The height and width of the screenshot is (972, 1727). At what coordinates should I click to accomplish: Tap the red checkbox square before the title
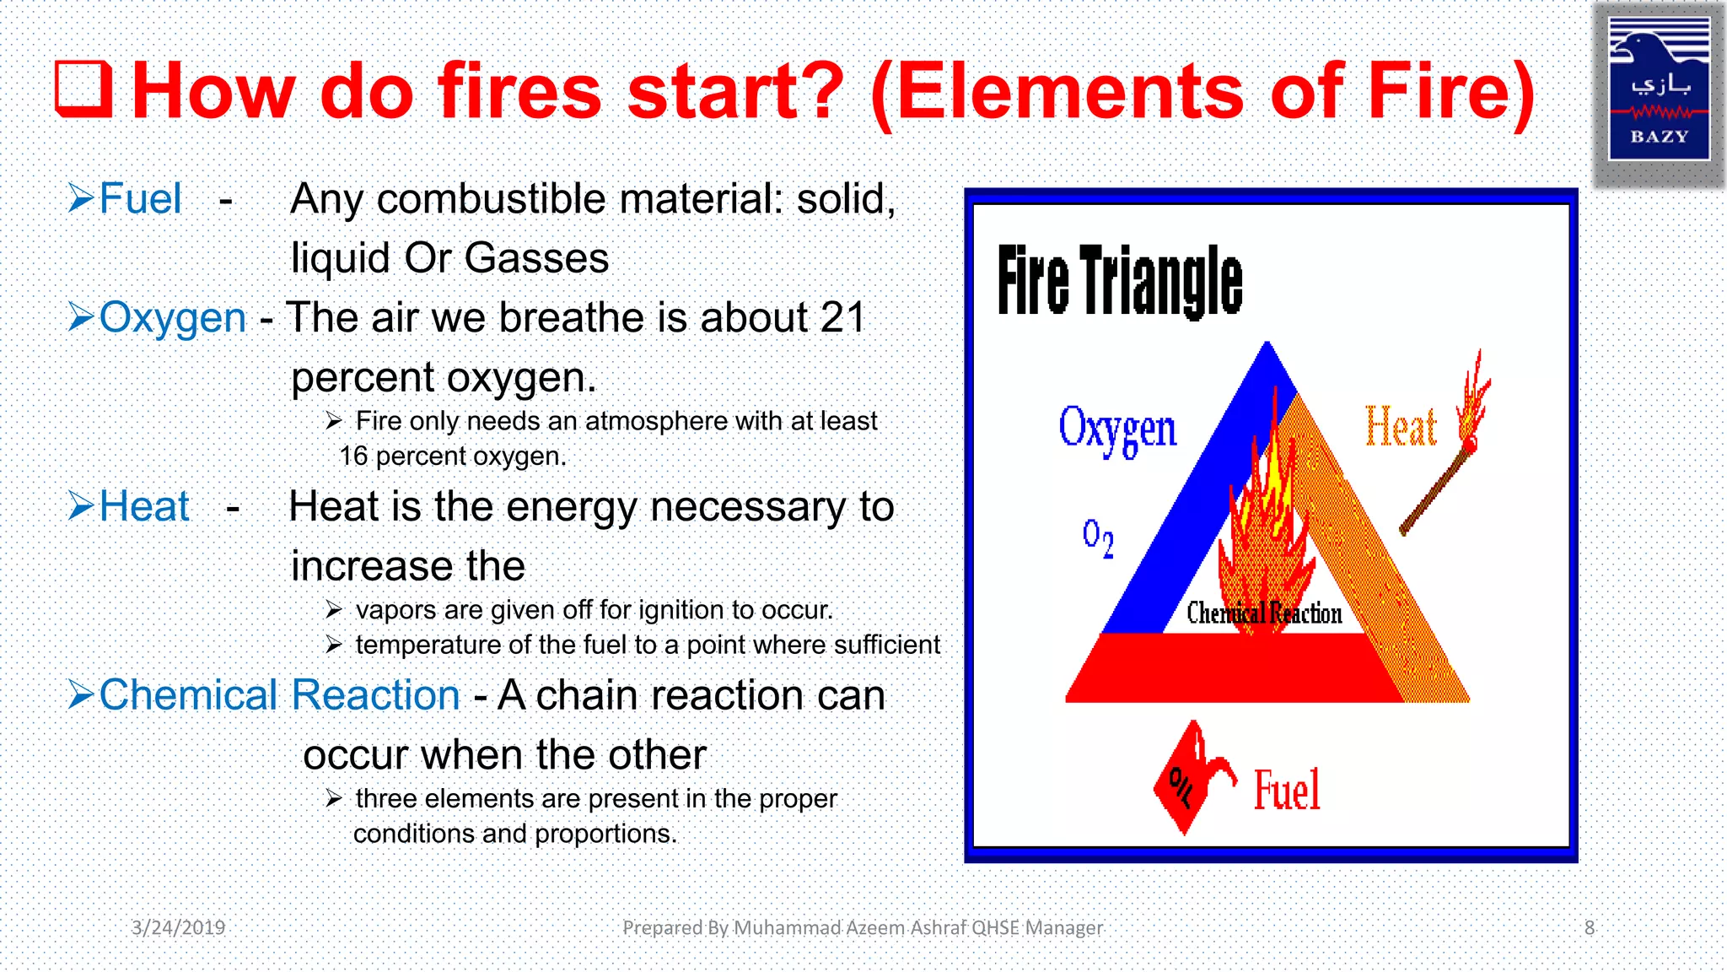83,89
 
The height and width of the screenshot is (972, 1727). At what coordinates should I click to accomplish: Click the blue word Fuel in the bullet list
140,199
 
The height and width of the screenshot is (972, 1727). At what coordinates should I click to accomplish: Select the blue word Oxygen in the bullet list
172,318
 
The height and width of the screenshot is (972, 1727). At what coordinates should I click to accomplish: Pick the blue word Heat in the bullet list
144,507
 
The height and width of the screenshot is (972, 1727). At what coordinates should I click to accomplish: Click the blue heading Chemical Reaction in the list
279,695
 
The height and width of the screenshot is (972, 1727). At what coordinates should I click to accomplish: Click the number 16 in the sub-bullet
353,456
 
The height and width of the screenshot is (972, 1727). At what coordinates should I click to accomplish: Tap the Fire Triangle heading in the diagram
1119,280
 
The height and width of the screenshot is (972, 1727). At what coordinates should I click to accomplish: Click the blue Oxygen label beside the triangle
1116,429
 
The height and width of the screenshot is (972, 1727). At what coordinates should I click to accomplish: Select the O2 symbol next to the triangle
1098,537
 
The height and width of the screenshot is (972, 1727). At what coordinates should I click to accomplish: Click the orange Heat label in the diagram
1400,427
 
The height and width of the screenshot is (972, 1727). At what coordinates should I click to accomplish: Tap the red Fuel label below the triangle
1287,791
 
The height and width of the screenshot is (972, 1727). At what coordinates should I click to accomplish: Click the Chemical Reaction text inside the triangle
1263,613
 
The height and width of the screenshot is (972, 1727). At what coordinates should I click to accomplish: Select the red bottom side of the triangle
1231,668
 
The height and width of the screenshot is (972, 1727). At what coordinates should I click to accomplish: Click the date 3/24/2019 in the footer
178,928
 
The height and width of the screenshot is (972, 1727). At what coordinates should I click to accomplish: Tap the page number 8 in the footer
1589,928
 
